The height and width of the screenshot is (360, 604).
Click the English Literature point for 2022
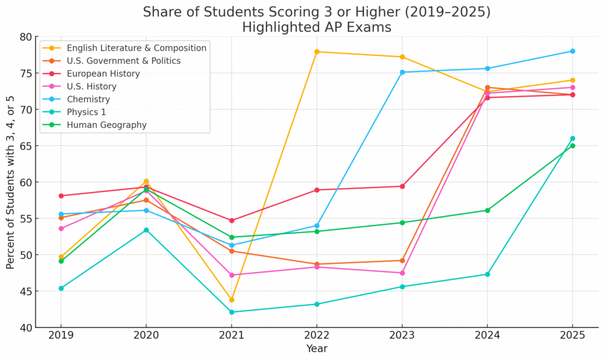point(317,52)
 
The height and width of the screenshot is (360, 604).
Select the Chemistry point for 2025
point(572,51)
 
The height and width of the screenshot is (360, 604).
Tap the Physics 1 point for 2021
point(231,312)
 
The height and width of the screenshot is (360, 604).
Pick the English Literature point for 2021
point(231,300)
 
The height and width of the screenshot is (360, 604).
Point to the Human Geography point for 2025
point(572,146)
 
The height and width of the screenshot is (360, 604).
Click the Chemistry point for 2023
point(402,72)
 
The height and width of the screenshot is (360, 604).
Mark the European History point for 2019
point(61,196)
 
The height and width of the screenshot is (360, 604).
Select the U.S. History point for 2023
point(402,273)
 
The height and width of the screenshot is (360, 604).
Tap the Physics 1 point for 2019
point(61,288)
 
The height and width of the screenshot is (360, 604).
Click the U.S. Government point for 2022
point(317,264)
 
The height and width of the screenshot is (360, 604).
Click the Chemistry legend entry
point(88,99)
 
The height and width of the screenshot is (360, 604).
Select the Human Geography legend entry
point(106,125)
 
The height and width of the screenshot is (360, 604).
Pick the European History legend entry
point(103,74)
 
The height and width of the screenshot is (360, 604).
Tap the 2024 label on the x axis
point(487,335)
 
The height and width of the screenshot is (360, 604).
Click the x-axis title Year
point(317,349)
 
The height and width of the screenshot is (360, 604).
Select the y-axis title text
point(11,182)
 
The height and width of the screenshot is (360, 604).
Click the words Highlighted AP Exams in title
point(316,27)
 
